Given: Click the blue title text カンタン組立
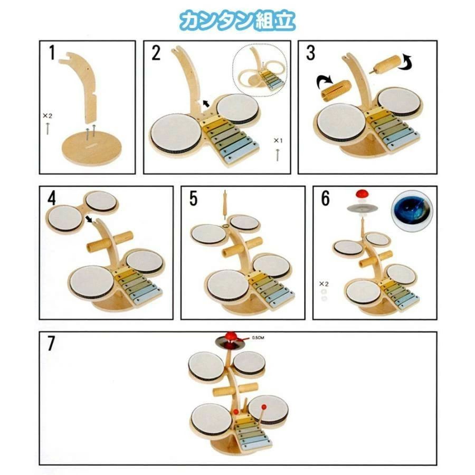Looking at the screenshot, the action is pyautogui.click(x=237, y=21).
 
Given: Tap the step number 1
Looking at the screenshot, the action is pyautogui.click(x=52, y=53).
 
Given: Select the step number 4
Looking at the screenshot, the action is pyautogui.click(x=52, y=198).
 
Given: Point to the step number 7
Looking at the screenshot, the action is pyautogui.click(x=51, y=343).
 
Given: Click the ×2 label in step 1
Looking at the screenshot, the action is pyautogui.click(x=47, y=116).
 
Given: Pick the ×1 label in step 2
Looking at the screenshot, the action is pyautogui.click(x=278, y=140).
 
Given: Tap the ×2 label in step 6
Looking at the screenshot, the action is pyautogui.click(x=324, y=284).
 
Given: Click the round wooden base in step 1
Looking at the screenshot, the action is pyautogui.click(x=91, y=150).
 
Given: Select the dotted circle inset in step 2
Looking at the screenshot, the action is pyautogui.click(x=260, y=70).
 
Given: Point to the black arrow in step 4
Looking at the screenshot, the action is pyautogui.click(x=89, y=218).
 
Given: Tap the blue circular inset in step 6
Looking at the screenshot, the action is pyautogui.click(x=412, y=211).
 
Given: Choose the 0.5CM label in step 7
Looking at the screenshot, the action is pyautogui.click(x=258, y=337).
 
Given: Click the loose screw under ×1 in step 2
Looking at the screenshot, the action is pyautogui.click(x=278, y=155).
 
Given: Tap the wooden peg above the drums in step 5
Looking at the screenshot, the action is pyautogui.click(x=225, y=205).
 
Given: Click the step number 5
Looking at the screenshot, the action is pyautogui.click(x=193, y=198).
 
